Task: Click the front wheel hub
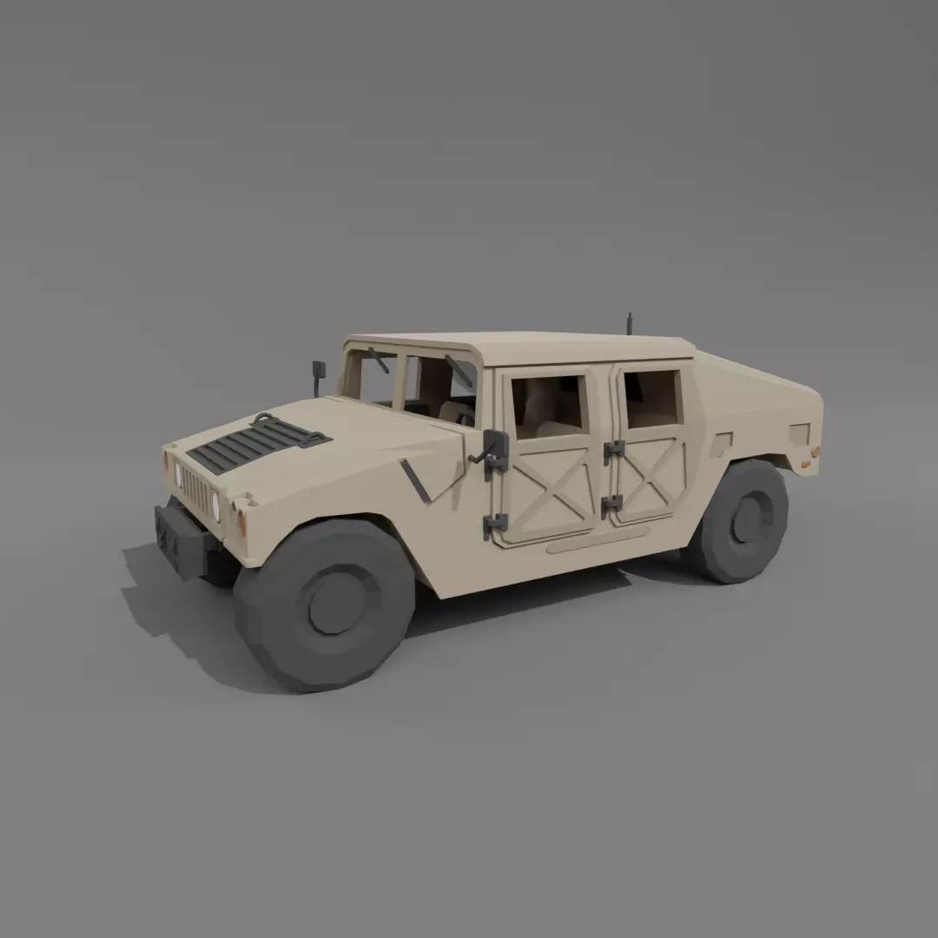(337, 601)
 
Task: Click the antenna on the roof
(630, 322)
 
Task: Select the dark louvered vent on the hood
(256, 442)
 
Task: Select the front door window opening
(547, 406)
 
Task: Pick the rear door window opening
(651, 399)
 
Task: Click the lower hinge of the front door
(495, 523)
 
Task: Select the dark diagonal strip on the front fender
(415, 480)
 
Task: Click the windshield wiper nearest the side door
(458, 370)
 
